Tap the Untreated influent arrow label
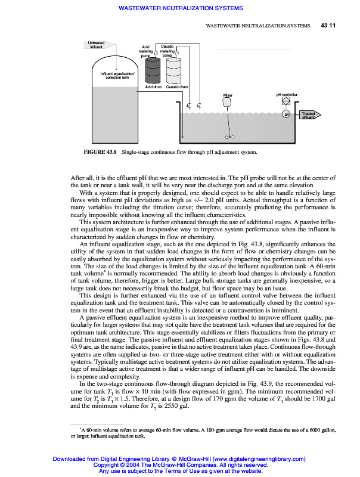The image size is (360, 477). click(x=96, y=45)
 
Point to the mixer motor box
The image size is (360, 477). click(x=227, y=102)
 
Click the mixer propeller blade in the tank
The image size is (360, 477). click(x=230, y=137)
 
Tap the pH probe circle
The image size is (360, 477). click(x=287, y=114)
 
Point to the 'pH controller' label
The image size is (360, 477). click(x=286, y=94)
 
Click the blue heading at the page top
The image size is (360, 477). click(x=181, y=8)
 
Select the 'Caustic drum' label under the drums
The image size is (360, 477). click(x=177, y=87)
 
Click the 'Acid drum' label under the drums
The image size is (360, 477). click(x=153, y=87)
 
